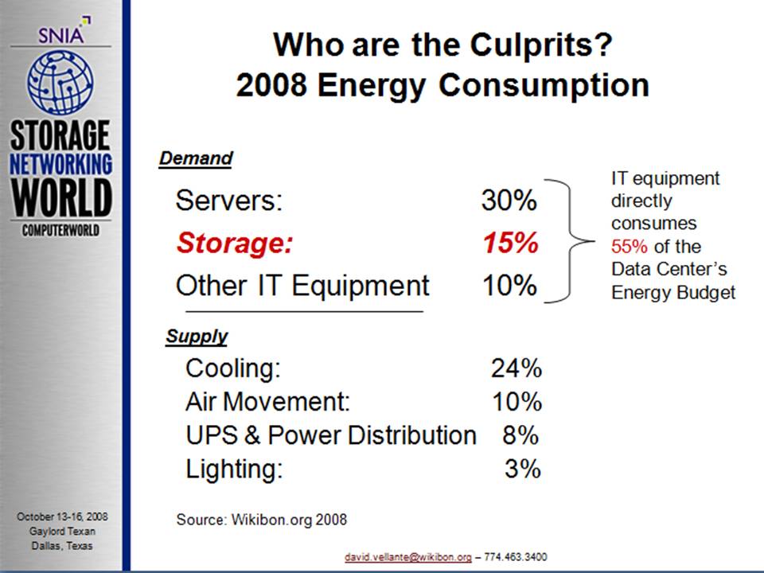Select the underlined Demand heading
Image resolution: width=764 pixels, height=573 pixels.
[x=196, y=158]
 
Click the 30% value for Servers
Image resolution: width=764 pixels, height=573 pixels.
[x=509, y=201]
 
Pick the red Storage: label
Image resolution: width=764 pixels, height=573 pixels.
[x=235, y=243]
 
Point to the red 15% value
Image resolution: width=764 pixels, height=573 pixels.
[x=510, y=243]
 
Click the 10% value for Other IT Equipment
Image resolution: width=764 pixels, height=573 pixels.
[x=509, y=285]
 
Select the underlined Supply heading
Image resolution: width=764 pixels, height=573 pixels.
[x=197, y=337]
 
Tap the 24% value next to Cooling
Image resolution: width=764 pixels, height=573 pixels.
[x=516, y=368]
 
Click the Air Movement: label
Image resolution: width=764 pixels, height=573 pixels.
[x=267, y=402]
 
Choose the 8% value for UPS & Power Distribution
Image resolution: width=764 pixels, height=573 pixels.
[x=520, y=435]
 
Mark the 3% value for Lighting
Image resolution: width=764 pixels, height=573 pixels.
[x=523, y=469]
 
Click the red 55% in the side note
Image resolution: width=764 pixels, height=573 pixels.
[x=630, y=246]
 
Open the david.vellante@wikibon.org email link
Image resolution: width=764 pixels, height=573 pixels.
[x=407, y=557]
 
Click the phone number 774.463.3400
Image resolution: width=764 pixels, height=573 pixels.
[x=518, y=557]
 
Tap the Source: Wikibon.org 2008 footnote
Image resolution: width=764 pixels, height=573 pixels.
[x=261, y=520]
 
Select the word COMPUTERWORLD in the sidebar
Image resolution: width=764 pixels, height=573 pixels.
[x=60, y=230]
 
